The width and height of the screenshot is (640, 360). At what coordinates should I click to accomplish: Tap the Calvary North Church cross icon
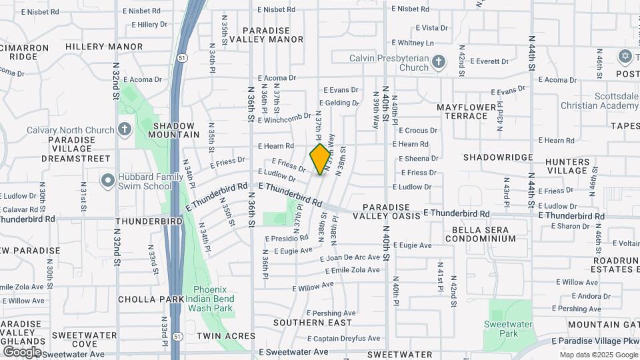click(x=124, y=128)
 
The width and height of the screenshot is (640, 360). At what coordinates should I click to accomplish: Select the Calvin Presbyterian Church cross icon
click(x=438, y=63)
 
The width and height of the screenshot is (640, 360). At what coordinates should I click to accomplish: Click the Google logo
click(x=22, y=351)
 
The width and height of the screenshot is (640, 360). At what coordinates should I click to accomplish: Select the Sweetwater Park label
click(x=510, y=328)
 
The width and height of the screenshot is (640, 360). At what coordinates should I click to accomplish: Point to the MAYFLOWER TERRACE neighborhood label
click(x=467, y=111)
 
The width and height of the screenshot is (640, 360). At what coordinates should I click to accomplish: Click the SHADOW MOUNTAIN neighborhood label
click(x=174, y=130)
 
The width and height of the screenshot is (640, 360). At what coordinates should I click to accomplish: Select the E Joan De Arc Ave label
click(x=349, y=258)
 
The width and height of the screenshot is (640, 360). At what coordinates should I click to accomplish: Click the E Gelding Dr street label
click(x=339, y=103)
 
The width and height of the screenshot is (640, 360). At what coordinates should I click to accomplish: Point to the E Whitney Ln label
click(x=415, y=43)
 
